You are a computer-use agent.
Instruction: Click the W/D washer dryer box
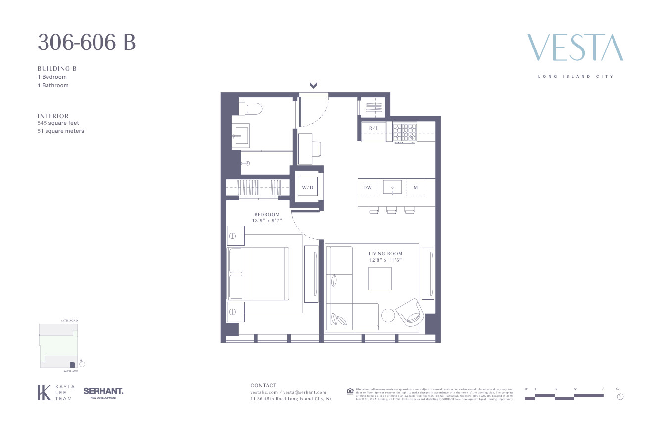(308, 188)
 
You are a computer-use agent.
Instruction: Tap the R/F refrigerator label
(373, 128)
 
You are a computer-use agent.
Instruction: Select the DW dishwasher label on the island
(367, 188)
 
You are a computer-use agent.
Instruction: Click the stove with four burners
(405, 132)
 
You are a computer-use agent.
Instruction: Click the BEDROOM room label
(267, 215)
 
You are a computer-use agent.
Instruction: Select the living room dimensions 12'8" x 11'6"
(385, 259)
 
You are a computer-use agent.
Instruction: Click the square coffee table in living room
(379, 279)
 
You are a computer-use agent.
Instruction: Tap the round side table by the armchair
(388, 315)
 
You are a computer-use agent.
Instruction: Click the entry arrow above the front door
(313, 86)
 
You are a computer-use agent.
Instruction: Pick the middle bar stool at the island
(392, 211)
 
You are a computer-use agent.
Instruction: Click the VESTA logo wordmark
(575, 48)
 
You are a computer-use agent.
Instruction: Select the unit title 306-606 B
(87, 43)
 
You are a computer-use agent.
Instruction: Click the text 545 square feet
(58, 123)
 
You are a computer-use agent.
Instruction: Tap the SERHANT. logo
(103, 391)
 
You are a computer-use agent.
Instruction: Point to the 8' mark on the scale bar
(603, 390)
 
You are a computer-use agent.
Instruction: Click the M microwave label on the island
(416, 188)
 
